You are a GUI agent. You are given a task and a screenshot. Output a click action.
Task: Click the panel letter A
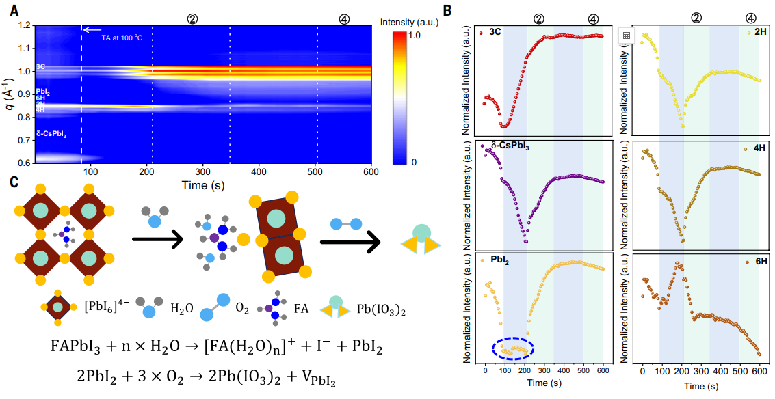(x=14, y=10)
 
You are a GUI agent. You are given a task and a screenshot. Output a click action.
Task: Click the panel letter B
(x=447, y=10)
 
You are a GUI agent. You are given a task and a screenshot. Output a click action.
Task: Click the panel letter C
(x=14, y=182)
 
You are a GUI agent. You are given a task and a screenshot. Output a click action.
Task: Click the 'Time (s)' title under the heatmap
(x=203, y=184)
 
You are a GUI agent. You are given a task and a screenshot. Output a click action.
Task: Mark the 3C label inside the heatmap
(x=41, y=67)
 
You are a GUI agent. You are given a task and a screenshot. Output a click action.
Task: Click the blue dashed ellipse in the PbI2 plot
(x=513, y=349)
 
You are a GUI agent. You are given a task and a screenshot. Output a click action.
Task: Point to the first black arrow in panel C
(x=157, y=239)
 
